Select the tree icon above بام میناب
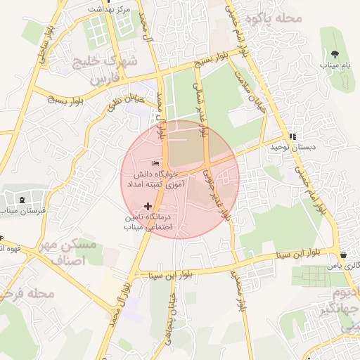(335, 53)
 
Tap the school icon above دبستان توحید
(292, 137)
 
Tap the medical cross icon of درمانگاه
(148, 206)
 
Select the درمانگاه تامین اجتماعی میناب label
(148, 222)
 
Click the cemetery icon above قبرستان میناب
(22, 200)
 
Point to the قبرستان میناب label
(20, 210)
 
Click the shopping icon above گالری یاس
(342, 255)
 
